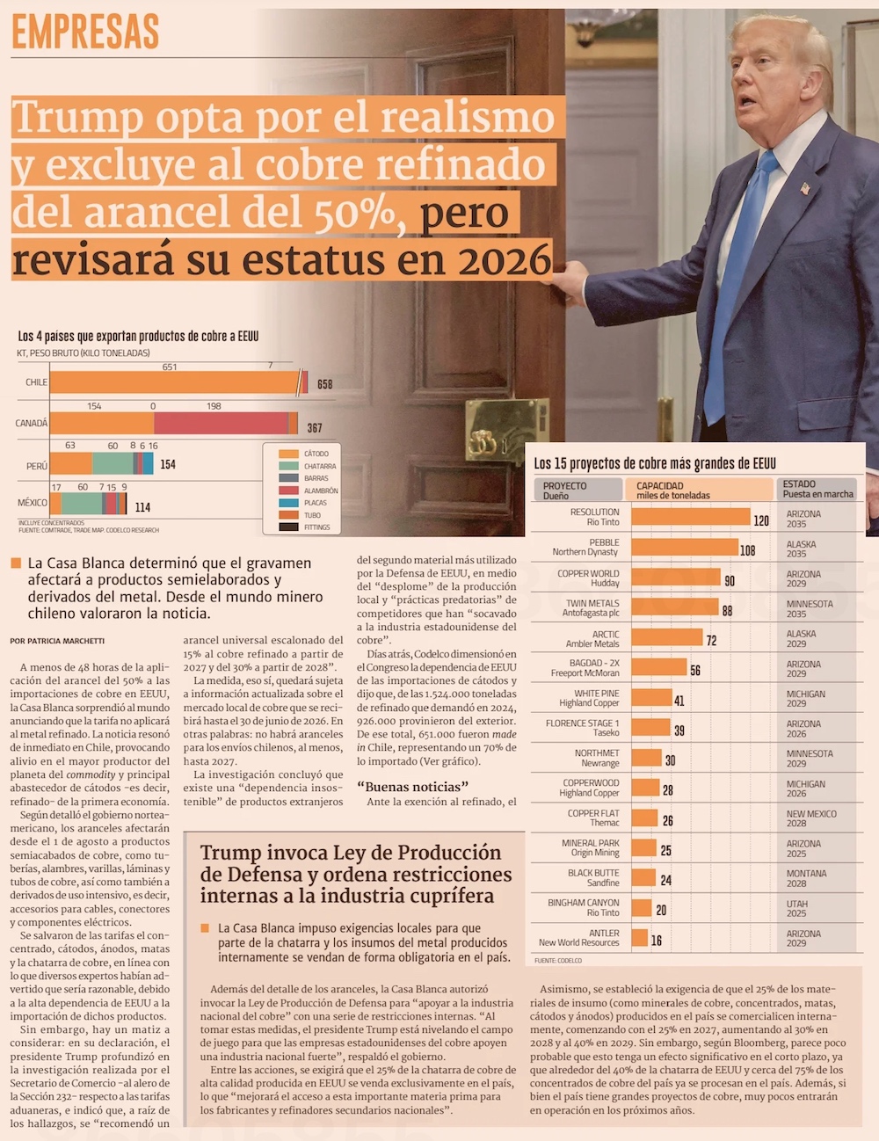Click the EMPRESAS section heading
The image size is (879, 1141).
click(85, 33)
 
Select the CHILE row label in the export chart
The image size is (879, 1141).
click(37, 382)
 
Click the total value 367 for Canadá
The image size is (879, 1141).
click(315, 428)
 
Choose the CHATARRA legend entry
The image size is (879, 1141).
click(319, 466)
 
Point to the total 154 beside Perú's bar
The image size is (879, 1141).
click(168, 464)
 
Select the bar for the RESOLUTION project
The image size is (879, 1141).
click(690, 517)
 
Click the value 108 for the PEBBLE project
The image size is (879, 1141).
click(747, 551)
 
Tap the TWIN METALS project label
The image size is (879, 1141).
click(592, 608)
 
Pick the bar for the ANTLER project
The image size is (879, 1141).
click(639, 938)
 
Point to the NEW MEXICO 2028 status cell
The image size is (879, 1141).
click(810, 818)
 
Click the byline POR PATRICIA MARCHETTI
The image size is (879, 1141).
click(57, 641)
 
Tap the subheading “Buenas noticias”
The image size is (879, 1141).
click(412, 787)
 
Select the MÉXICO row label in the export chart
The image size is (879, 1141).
click(33, 503)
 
